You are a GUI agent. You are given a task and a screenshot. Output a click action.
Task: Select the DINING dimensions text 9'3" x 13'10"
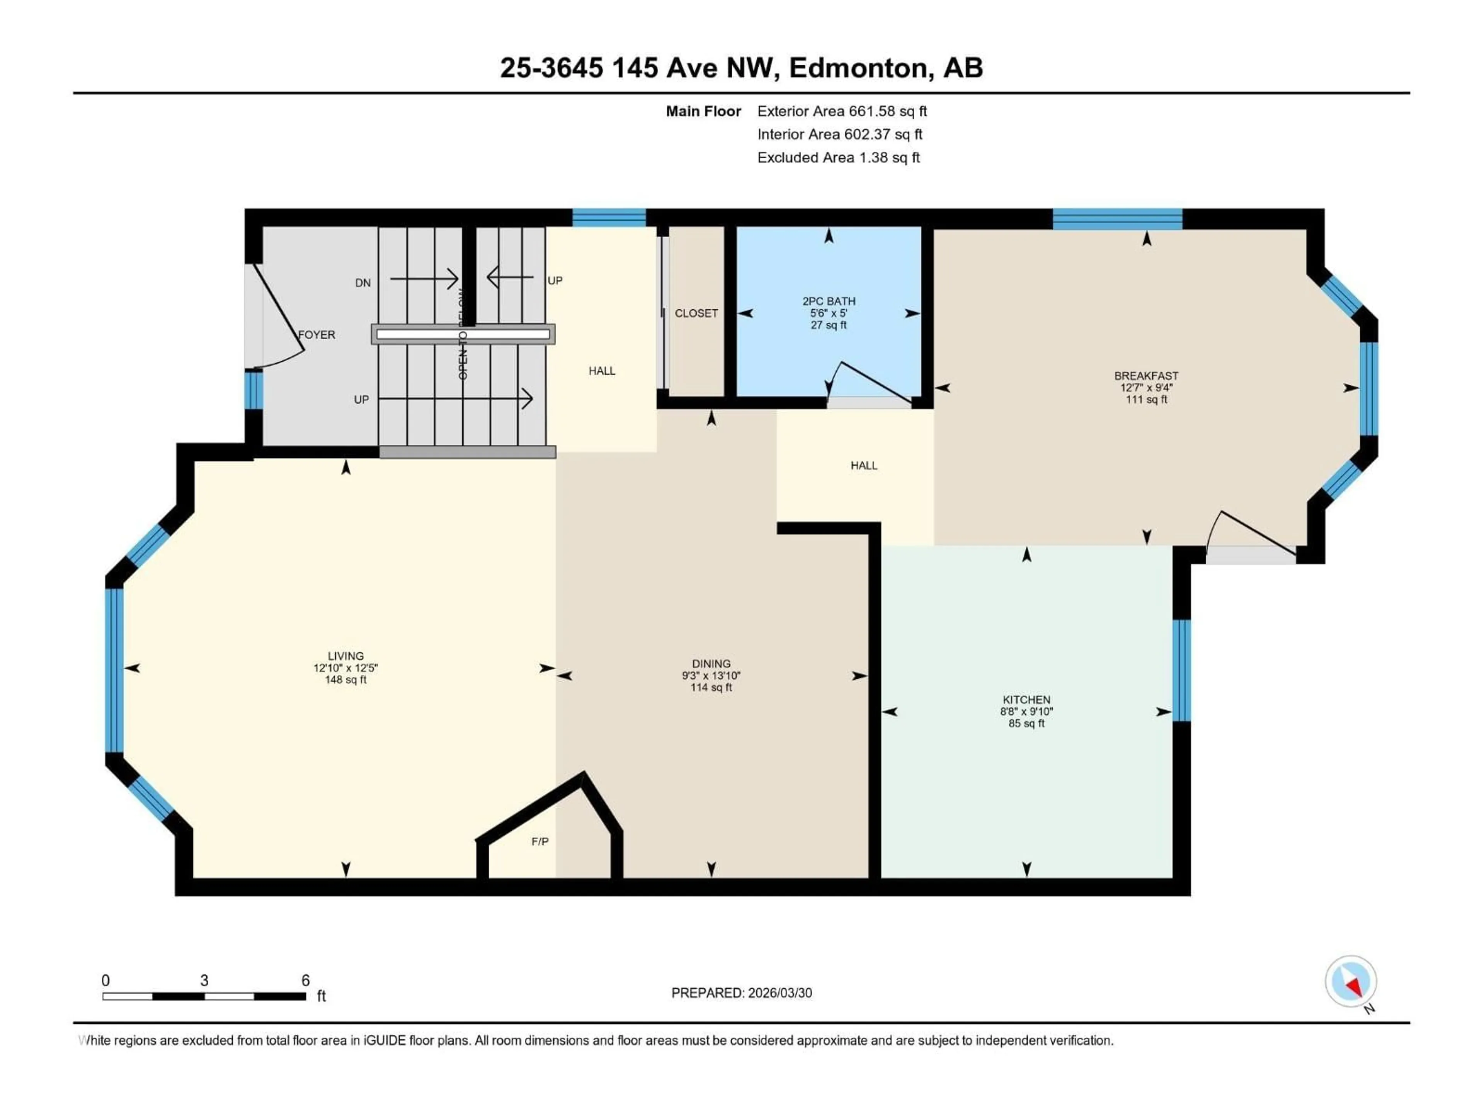[711, 676]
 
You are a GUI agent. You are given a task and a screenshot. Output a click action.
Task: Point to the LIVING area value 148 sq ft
[345, 680]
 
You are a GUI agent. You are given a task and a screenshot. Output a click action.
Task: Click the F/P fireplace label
[539, 841]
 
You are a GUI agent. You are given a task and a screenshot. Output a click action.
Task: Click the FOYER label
[317, 334]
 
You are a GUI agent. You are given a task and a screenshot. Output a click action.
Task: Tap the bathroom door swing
[869, 383]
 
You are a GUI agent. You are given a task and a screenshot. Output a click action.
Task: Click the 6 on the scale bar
[305, 980]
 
